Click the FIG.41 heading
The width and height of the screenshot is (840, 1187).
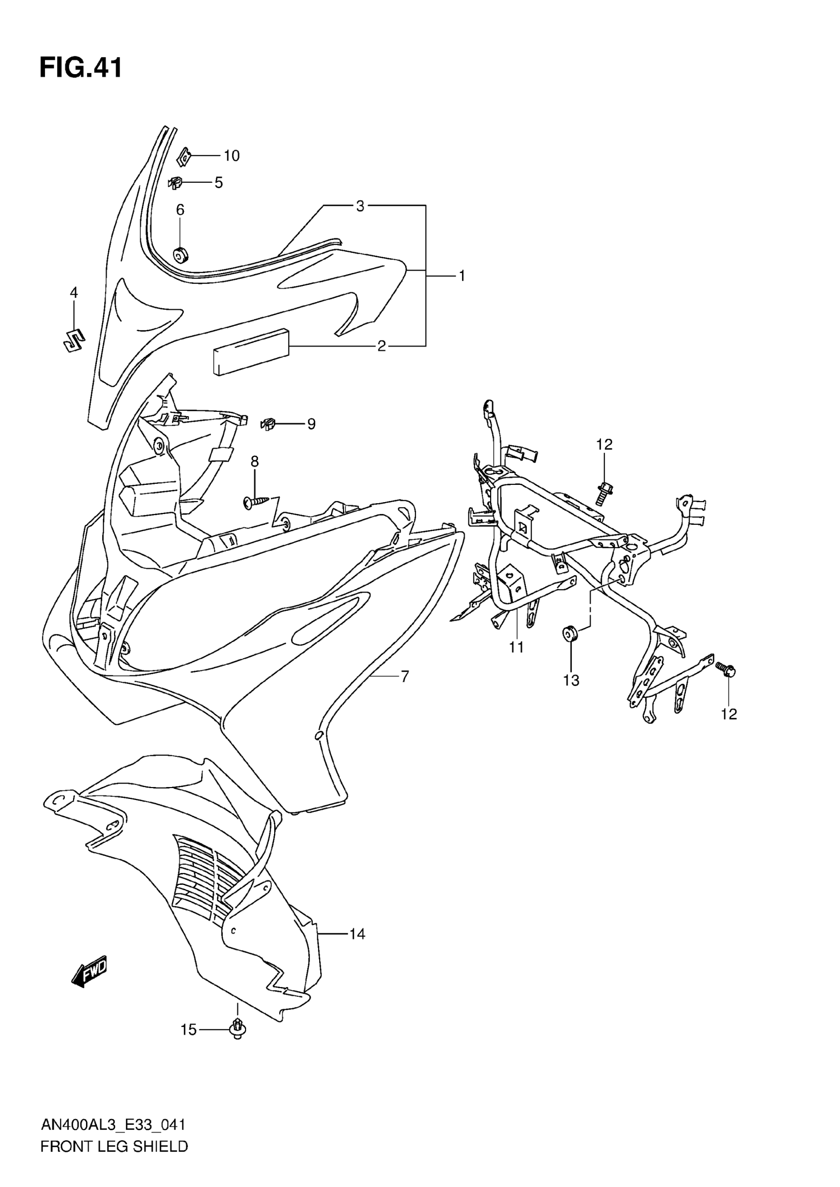click(x=81, y=68)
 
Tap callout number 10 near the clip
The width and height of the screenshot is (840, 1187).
click(x=231, y=156)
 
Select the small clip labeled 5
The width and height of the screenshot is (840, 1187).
click(x=175, y=183)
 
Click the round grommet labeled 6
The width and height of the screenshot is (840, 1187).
click(x=180, y=254)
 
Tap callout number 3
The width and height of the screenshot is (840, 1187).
click(x=360, y=206)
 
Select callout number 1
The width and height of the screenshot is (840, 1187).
click(x=462, y=276)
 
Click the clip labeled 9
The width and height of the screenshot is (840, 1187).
click(x=267, y=424)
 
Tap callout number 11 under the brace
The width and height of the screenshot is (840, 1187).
click(x=516, y=647)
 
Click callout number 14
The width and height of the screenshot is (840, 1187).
click(x=357, y=934)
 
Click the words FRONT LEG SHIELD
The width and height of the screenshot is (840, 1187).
click(x=114, y=1147)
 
